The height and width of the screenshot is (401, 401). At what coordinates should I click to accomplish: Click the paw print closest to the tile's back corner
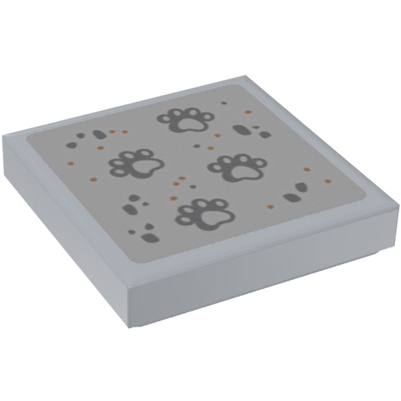pyautogui.click(x=187, y=119)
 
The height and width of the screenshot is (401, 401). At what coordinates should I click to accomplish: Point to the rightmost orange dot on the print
pyautogui.click(x=328, y=181)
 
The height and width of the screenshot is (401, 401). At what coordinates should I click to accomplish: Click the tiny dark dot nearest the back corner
pyautogui.click(x=223, y=103)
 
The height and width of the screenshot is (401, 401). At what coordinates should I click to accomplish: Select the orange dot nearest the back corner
pyautogui.click(x=248, y=112)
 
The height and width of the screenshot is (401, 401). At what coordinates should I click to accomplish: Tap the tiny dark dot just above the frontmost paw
pyautogui.click(x=192, y=187)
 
